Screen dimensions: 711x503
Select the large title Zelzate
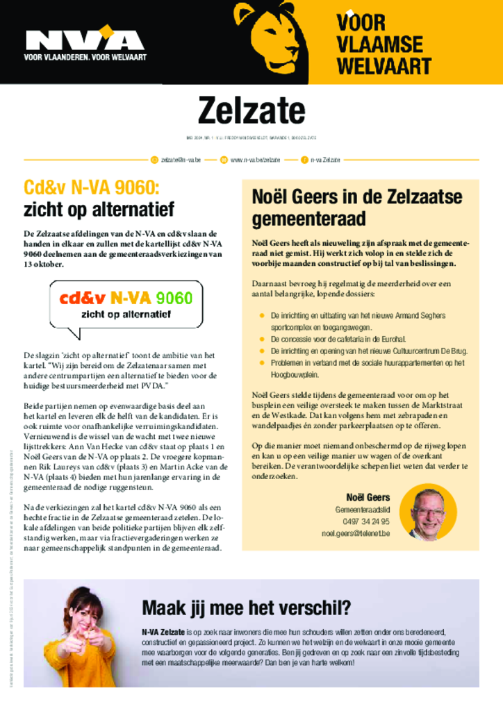251,110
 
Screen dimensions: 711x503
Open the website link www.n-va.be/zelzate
255,160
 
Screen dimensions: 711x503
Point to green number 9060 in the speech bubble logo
174,298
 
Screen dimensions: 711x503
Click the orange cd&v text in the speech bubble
82,298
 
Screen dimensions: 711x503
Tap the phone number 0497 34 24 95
366,521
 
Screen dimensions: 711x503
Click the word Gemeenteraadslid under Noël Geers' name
362,510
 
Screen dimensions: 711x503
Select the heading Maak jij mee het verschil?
246,608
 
